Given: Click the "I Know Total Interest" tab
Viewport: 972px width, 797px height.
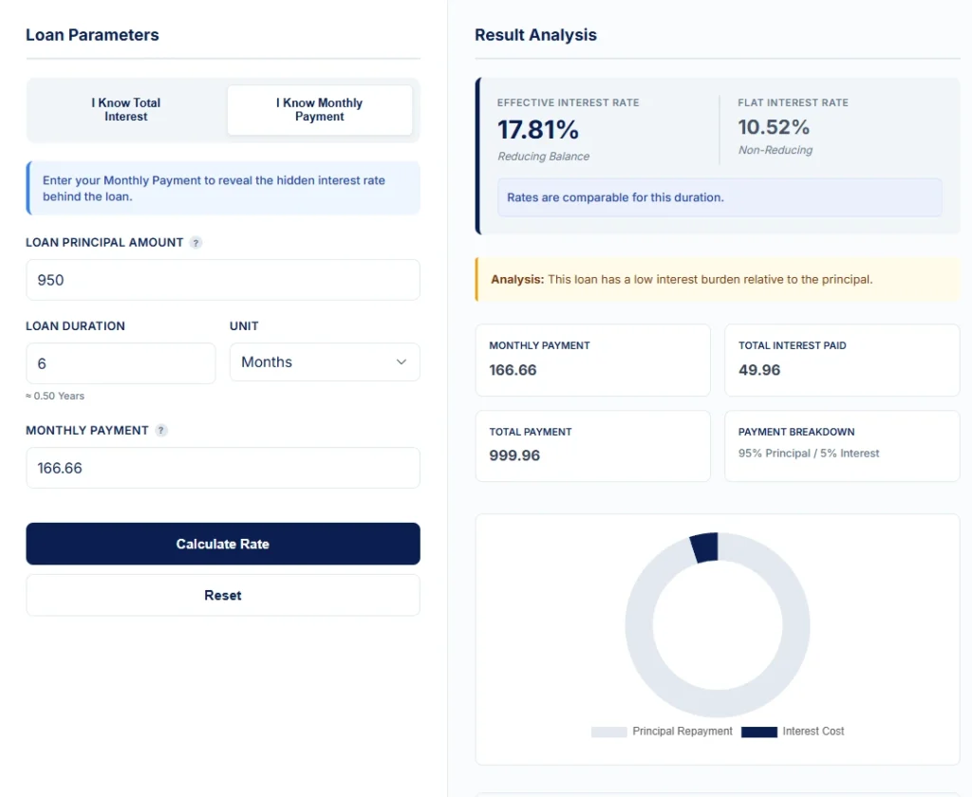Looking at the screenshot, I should (126, 110).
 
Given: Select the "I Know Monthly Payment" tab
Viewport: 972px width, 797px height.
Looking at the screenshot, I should (319, 110).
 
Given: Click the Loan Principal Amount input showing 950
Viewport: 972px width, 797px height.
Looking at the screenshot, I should (222, 280).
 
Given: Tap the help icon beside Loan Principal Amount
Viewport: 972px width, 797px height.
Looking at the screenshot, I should (196, 243).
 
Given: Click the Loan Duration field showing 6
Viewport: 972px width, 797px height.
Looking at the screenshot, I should (121, 363).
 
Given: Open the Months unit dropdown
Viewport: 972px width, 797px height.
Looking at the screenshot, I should (325, 362).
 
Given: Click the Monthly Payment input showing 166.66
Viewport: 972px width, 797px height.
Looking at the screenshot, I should (222, 468).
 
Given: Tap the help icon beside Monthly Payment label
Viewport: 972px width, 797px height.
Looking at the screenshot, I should (161, 431).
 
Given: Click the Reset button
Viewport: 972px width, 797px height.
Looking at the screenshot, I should (222, 595).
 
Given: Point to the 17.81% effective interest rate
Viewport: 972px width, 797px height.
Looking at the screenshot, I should (538, 129).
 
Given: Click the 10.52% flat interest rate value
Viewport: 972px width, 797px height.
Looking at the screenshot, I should (774, 127).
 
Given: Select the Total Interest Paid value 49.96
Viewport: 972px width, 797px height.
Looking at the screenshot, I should (759, 370).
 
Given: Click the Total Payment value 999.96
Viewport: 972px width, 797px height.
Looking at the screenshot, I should (514, 455).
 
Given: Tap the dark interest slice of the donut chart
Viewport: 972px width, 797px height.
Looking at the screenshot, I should (704, 547).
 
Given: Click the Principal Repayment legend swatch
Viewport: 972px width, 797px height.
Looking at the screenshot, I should (608, 732).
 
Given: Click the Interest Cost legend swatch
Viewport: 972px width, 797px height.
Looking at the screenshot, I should (758, 732).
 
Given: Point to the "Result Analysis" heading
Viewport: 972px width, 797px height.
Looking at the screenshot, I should (535, 35).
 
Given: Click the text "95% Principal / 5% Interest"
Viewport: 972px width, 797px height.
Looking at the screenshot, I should (809, 454).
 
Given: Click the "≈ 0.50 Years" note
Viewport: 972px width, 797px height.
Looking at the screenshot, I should (55, 396).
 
